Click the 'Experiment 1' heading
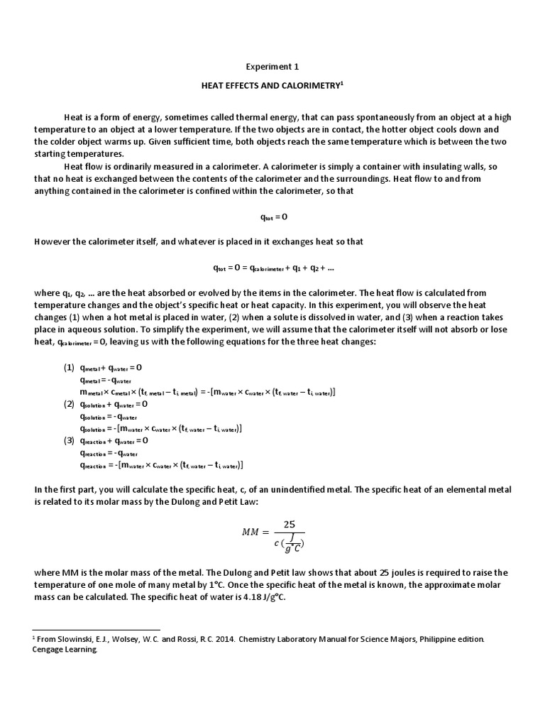click(x=272, y=67)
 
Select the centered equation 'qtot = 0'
click(x=272, y=217)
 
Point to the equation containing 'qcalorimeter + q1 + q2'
click(x=273, y=268)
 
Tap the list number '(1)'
click(x=69, y=368)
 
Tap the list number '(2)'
click(x=69, y=404)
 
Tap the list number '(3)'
click(x=69, y=440)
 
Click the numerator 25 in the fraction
click(x=289, y=524)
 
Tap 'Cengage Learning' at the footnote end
click(x=65, y=649)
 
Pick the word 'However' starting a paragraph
click(x=51, y=241)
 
